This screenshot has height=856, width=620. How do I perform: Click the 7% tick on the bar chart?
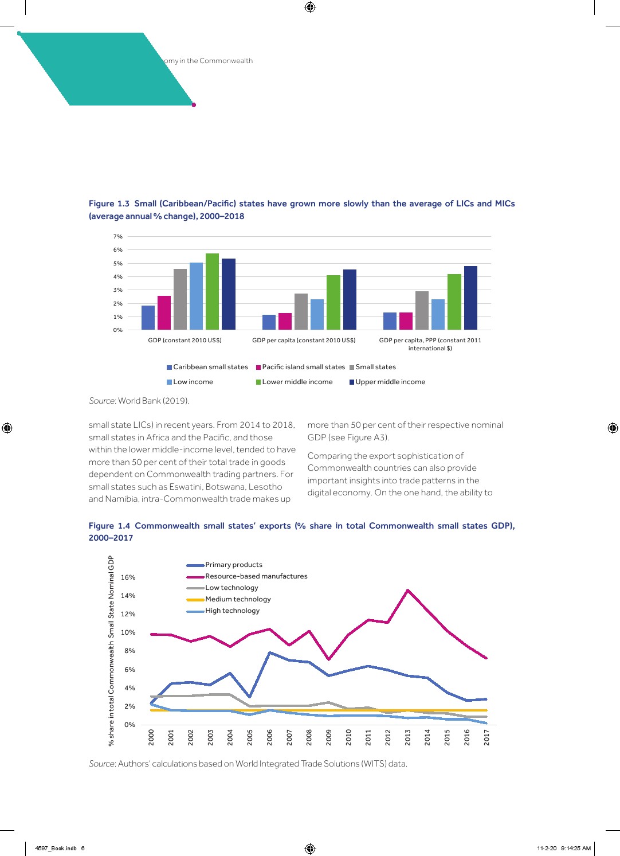click(118, 237)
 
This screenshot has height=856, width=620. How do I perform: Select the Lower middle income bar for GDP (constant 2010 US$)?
click(212, 292)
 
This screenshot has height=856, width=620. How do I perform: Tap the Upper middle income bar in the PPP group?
click(470, 298)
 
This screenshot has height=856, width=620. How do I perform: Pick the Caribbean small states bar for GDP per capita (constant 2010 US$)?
click(269, 322)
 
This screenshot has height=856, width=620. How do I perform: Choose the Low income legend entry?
click(193, 382)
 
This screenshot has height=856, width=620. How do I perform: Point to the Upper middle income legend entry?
click(390, 382)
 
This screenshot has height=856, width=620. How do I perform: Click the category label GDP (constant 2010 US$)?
click(185, 341)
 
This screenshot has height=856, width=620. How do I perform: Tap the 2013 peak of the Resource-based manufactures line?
click(407, 590)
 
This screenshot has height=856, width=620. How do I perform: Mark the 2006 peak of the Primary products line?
click(269, 652)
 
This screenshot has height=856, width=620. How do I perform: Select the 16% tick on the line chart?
click(128, 577)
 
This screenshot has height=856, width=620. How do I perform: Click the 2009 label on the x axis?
click(329, 737)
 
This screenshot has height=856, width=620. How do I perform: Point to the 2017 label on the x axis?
click(486, 737)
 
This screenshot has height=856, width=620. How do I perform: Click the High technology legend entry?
click(232, 611)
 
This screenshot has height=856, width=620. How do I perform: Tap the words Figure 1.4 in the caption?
click(109, 526)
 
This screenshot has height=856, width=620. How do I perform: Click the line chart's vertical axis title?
click(111, 650)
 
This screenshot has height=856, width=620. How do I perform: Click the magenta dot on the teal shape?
click(194, 105)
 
